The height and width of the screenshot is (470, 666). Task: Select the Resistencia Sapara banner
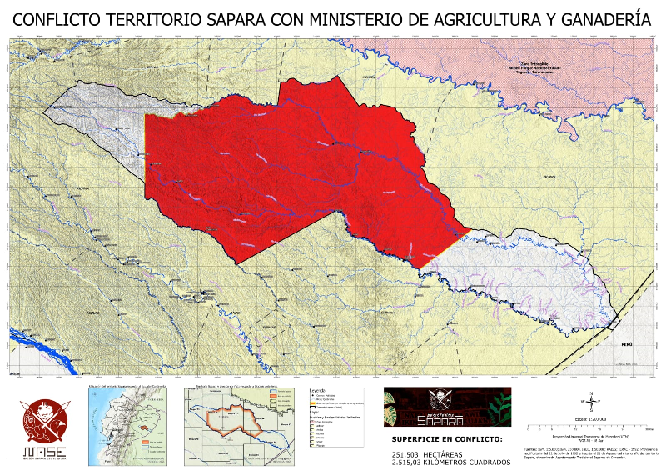coord(447,407)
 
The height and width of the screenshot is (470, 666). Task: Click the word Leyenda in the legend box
coord(317,390)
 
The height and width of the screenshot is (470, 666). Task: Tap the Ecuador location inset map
coord(127,423)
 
